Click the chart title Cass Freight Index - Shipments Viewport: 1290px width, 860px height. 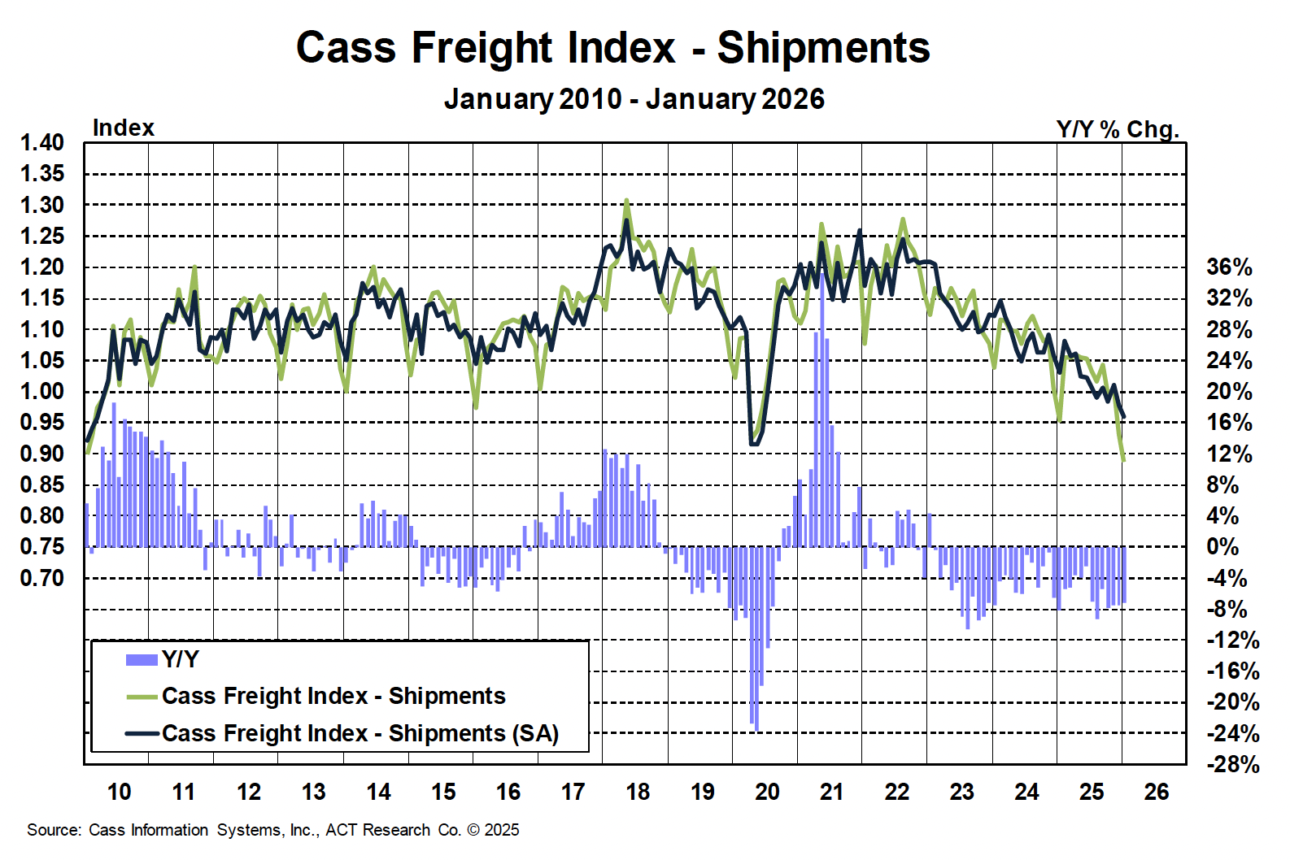[612, 48]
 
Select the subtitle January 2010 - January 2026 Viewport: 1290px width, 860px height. [634, 99]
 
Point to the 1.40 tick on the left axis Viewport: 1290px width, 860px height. [42, 143]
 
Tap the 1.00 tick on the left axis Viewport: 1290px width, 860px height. [42, 392]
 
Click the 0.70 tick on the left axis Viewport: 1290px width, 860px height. [42, 578]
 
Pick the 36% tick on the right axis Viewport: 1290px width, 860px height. [1229, 267]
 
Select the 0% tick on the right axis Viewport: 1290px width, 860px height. [1222, 547]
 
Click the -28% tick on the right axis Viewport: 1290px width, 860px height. [1233, 765]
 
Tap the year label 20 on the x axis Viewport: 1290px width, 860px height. [767, 792]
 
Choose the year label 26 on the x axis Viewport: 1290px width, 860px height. [1156, 792]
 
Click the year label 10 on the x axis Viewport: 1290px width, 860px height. [119, 792]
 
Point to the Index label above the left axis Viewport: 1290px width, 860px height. [123, 128]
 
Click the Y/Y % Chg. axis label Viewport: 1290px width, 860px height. [1117, 129]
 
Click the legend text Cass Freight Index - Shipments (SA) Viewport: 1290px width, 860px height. [360, 733]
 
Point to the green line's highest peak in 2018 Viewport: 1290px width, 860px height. [626, 200]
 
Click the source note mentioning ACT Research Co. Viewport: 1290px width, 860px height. [272, 830]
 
